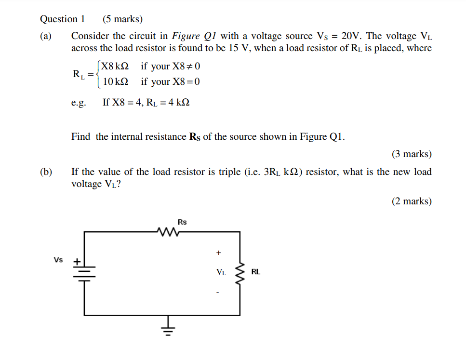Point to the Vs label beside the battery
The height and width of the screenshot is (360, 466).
point(58,260)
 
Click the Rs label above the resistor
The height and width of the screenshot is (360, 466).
point(182,222)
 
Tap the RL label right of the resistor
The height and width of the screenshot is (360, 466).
point(255,272)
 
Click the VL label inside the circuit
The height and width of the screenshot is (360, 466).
point(221,272)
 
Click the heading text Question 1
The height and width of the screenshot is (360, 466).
point(63,19)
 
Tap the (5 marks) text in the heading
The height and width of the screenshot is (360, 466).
point(122,19)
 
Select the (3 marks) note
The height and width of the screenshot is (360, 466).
point(411,154)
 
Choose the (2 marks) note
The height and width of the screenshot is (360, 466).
point(411,201)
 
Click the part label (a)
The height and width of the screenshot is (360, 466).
point(46,36)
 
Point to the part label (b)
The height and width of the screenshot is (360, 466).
point(46,172)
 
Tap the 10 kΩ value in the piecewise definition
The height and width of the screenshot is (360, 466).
point(116,81)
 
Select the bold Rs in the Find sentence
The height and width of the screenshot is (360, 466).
point(195,137)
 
